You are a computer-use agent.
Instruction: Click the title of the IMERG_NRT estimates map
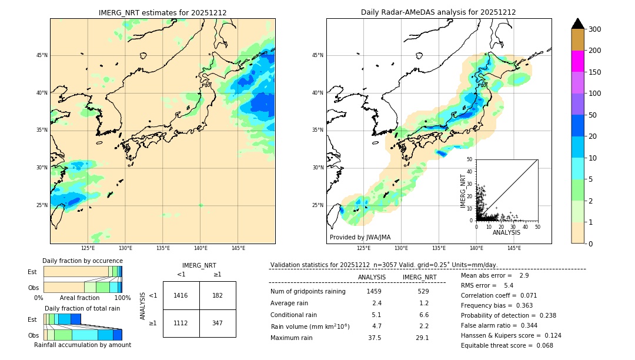(162, 12)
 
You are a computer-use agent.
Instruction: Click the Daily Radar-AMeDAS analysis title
(438, 12)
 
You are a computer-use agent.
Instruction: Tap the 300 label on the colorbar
(596, 29)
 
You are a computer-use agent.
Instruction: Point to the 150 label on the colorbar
(596, 72)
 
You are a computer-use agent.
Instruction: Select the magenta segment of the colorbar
(578, 61)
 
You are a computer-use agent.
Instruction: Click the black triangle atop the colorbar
(578, 24)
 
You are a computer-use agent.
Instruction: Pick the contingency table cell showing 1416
(181, 295)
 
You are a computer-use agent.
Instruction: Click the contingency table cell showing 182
(218, 295)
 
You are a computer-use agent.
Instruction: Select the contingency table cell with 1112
(181, 323)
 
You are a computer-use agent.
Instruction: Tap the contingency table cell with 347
(218, 323)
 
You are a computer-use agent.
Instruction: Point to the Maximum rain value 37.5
(374, 338)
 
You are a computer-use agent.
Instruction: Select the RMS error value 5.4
(509, 286)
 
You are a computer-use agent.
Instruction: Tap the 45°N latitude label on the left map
(42, 55)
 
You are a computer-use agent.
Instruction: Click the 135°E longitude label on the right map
(439, 248)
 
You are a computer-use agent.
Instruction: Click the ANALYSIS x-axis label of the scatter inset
(506, 232)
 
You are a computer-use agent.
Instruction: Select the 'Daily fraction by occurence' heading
(82, 261)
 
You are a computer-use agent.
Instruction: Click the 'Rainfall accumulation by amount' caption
(82, 345)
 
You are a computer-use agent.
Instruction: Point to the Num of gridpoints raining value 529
(423, 291)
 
